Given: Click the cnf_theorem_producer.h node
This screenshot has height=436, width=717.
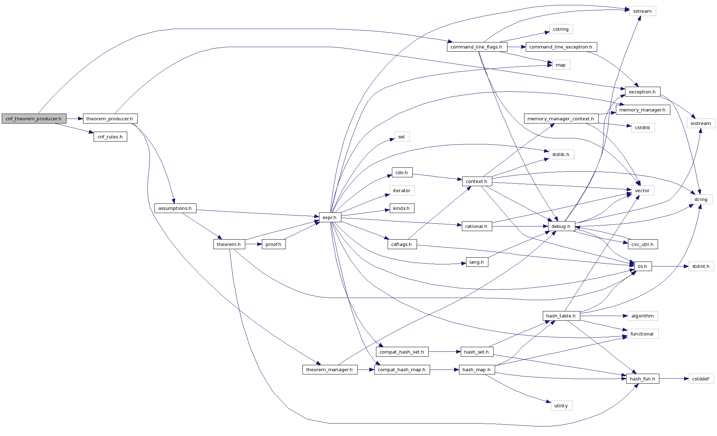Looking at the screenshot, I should (34, 119).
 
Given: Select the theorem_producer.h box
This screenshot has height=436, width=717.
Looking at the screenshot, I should (110, 119).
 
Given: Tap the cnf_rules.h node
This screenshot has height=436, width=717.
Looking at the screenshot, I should (110, 137).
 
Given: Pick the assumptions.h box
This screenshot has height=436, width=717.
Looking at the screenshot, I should (175, 208).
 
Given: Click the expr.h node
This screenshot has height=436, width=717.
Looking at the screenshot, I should (330, 217).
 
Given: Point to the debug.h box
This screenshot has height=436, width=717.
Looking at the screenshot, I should (561, 226).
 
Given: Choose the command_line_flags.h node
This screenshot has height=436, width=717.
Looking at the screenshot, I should (477, 47).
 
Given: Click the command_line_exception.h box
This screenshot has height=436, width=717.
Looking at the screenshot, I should (561, 47).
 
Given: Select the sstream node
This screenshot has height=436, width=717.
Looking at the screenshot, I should (642, 11).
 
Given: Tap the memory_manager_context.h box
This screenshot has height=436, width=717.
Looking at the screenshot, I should (561, 119).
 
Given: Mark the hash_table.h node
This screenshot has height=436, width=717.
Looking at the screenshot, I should (561, 316).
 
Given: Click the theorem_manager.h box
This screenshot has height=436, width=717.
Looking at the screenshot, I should (329, 369).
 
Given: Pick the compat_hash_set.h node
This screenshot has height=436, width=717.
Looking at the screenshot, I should (402, 352).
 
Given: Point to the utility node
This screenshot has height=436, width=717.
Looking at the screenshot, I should (561, 406).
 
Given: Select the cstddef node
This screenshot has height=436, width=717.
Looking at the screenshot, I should (701, 379).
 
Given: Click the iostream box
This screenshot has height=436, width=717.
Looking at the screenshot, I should (701, 123).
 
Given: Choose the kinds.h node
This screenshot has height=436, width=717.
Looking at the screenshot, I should (402, 208).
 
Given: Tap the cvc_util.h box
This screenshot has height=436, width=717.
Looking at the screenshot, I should (643, 244).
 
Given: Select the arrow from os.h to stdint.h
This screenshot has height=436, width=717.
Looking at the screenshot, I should (670, 266).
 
